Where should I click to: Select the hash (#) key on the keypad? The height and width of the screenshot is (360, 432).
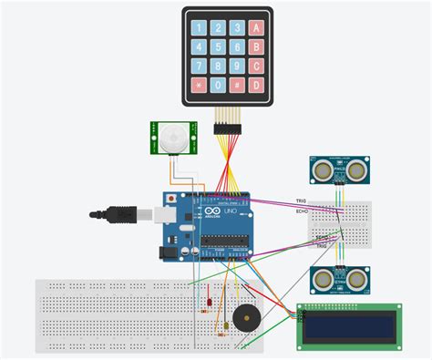click(236, 86)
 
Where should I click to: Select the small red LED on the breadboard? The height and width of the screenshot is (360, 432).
click(211, 302)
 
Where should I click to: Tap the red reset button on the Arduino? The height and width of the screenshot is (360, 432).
click(171, 198)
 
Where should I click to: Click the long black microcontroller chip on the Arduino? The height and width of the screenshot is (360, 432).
click(222, 242)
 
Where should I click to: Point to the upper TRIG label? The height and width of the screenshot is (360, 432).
click(301, 201)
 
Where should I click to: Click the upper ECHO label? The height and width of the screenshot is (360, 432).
click(301, 211)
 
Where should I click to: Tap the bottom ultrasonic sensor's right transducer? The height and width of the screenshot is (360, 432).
click(357, 280)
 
